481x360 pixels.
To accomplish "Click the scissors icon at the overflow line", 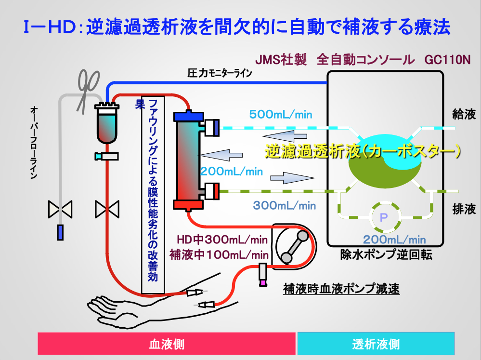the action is point(88,91).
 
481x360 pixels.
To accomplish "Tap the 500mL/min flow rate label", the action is point(281,115).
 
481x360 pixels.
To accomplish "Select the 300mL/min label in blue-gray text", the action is point(285,205).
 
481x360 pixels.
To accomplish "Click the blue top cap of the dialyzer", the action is point(188,117).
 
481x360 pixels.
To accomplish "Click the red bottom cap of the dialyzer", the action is point(188,205).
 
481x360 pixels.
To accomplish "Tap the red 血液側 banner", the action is point(167,344).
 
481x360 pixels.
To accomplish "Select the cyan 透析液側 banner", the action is point(376,344).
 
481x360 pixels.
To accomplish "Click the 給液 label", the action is point(464,114).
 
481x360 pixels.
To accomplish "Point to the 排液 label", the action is point(464,209).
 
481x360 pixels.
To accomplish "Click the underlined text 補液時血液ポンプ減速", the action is point(341,289).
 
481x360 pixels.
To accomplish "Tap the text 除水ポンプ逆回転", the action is point(386,254).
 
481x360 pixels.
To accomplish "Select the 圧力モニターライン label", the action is point(220,73).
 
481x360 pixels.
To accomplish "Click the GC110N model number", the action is point(448,60).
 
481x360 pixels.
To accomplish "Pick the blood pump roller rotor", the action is point(295,247).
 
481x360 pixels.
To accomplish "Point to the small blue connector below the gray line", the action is point(61,232).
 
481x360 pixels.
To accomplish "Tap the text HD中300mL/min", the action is point(222,240).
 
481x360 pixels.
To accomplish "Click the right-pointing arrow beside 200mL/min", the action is point(292,178).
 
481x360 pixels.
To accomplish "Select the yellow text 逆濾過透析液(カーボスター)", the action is point(363,151).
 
